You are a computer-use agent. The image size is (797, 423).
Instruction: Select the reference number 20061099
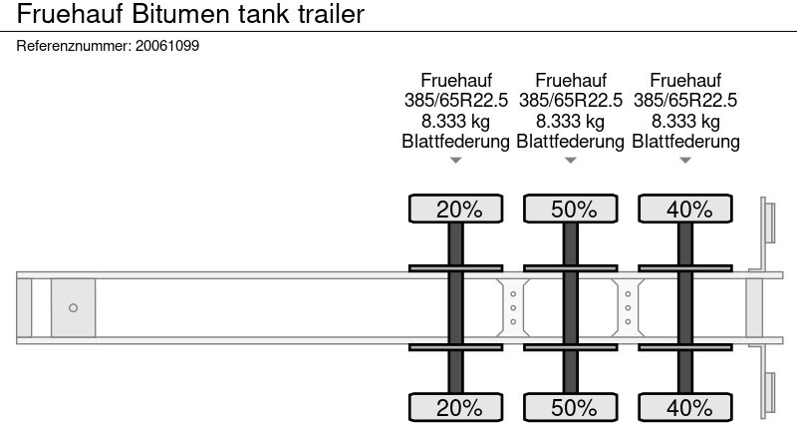pyautogui.click(x=167, y=46)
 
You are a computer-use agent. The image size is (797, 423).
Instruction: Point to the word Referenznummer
pyautogui.click(x=74, y=46)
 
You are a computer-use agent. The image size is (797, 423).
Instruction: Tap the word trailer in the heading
pyautogui.click(x=331, y=14)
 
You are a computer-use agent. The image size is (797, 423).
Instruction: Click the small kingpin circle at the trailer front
pyautogui.click(x=73, y=307)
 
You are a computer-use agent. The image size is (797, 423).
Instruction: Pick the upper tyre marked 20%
pyautogui.click(x=456, y=209)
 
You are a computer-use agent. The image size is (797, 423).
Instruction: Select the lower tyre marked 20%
pyautogui.click(x=456, y=407)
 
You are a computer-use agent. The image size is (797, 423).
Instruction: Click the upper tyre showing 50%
pyautogui.click(x=570, y=209)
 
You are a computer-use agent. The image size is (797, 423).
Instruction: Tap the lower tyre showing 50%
pyautogui.click(x=570, y=407)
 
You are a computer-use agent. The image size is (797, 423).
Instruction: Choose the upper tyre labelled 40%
pyautogui.click(x=685, y=209)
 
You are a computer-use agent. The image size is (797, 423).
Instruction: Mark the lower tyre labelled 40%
pyautogui.click(x=685, y=407)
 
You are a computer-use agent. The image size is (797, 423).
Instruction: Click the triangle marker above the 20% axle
pyautogui.click(x=456, y=161)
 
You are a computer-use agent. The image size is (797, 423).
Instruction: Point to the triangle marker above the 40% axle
pyautogui.click(x=685, y=161)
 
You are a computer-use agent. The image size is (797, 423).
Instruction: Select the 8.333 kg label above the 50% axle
pyautogui.click(x=570, y=121)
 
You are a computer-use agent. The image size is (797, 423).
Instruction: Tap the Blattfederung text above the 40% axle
pyautogui.click(x=685, y=141)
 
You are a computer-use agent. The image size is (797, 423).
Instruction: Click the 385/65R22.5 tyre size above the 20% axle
pyautogui.click(x=456, y=101)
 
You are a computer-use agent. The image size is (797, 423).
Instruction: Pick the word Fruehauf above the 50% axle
pyautogui.click(x=570, y=81)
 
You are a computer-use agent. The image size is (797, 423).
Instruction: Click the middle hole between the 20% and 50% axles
pyautogui.click(x=513, y=308)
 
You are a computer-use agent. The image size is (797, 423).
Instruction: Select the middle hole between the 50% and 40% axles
pyautogui.click(x=628, y=308)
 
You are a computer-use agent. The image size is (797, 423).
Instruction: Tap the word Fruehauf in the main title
pyautogui.click(x=70, y=14)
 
